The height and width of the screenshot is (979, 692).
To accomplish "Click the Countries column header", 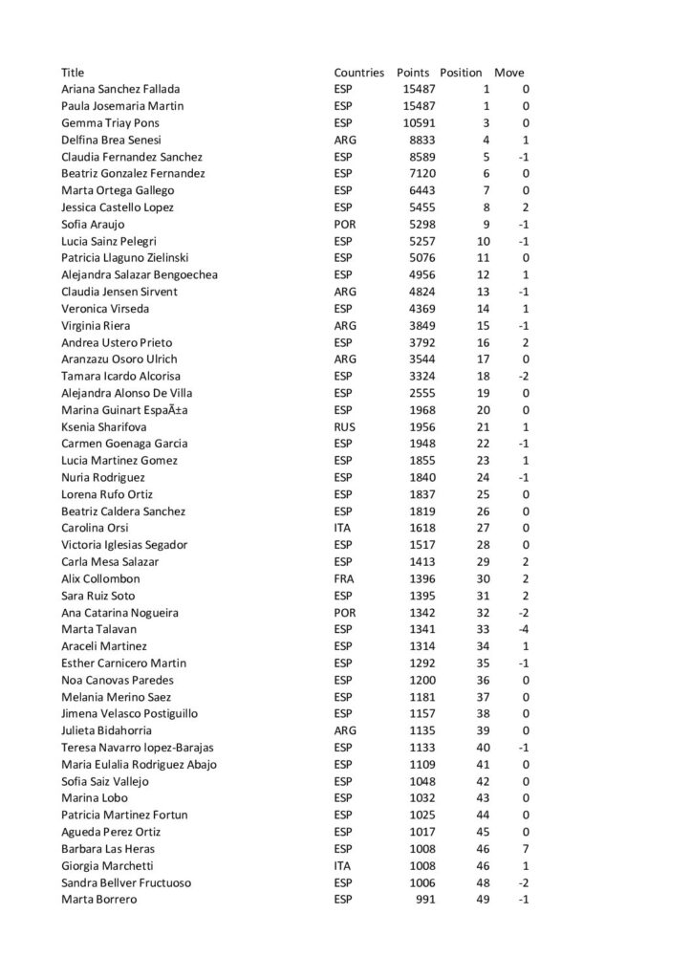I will tap(358, 73).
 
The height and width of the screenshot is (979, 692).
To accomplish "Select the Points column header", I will tap(413, 73).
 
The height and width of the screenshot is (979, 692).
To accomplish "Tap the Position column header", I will tap(461, 73).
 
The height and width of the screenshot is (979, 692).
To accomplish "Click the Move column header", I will tap(508, 73).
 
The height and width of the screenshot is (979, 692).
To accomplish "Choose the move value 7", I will tap(526, 849).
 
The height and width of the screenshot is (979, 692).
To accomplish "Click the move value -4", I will tap(524, 630).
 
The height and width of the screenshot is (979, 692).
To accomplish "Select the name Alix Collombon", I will tap(100, 579).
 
